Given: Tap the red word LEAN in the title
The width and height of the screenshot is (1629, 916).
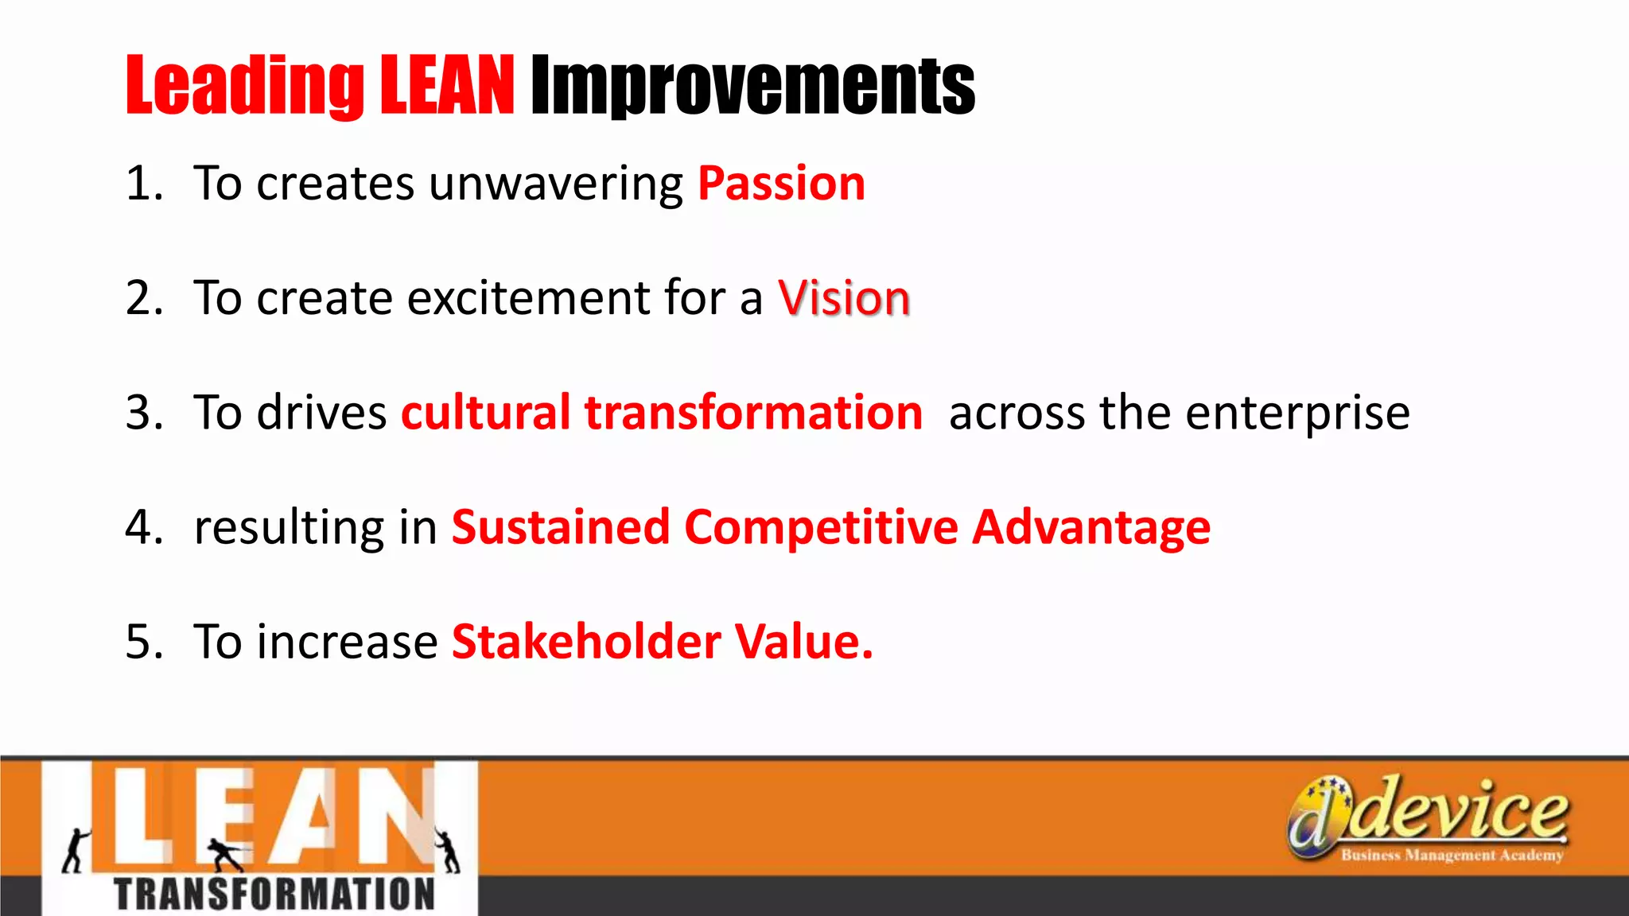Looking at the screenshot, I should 447,86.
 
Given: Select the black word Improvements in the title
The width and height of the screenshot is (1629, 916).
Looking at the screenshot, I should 752,86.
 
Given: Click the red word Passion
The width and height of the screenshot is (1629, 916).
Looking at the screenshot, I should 781,184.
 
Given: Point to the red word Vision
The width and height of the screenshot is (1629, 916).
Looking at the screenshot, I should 843,298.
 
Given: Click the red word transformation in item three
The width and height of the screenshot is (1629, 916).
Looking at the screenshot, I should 753,413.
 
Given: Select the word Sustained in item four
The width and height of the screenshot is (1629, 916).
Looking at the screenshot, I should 561,527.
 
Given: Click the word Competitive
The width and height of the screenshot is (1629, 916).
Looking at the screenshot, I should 821,527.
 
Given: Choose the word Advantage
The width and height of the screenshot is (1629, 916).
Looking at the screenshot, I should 1091,529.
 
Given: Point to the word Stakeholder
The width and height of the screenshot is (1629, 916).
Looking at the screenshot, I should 587,642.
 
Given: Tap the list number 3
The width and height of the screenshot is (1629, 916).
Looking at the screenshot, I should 143,413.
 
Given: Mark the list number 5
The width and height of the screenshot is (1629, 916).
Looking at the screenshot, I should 143,642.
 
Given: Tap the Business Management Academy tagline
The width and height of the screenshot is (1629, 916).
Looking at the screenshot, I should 1452,856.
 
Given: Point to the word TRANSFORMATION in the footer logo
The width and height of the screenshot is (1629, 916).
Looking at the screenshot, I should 274,894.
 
